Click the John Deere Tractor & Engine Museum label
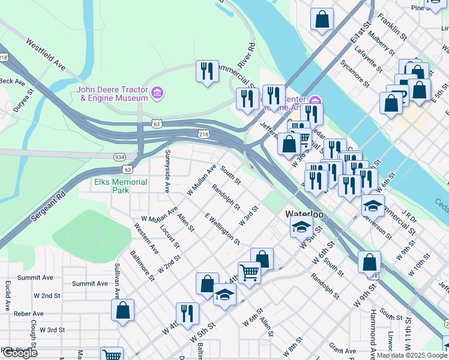[112, 94]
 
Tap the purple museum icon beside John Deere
[157, 93]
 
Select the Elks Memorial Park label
[120, 186]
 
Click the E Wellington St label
[222, 229]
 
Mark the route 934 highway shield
[119, 156]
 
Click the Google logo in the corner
[19, 353]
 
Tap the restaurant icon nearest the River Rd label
[205, 71]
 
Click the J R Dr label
[409, 215]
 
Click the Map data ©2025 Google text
[411, 355]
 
